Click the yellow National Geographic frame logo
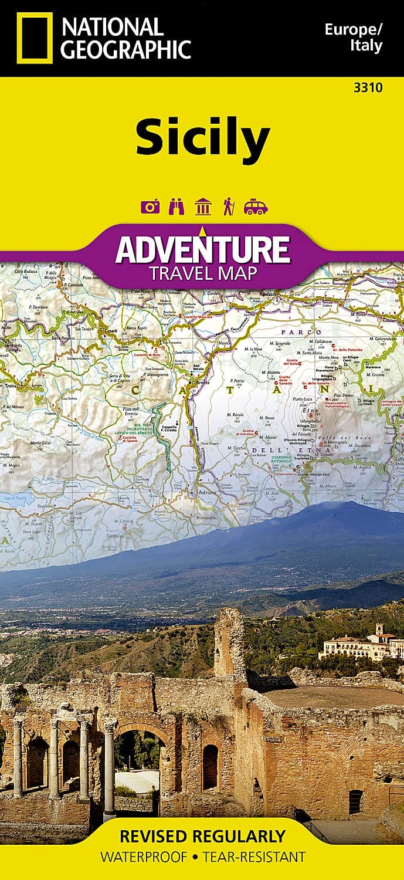35,38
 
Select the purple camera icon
150,207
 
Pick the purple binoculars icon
176,207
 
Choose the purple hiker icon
228,207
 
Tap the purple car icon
256,207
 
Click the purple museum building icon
203,207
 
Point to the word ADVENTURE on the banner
202,249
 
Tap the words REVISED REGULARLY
202,836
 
